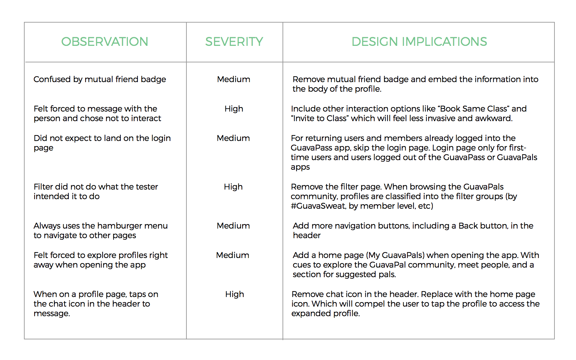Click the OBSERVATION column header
pos(105,42)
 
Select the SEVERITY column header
pos(234,42)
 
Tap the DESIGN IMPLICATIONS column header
pos(419,42)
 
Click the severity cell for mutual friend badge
pos(234,79)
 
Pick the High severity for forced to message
pos(234,109)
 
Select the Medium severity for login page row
pos(233,138)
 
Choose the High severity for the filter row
pos(233,187)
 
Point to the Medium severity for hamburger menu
pos(233,226)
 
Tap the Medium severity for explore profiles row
pos(233,255)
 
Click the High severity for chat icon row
pos(235,294)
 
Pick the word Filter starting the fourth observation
pos(43,187)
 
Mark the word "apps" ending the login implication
pos(300,167)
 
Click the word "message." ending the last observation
pos(52,313)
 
